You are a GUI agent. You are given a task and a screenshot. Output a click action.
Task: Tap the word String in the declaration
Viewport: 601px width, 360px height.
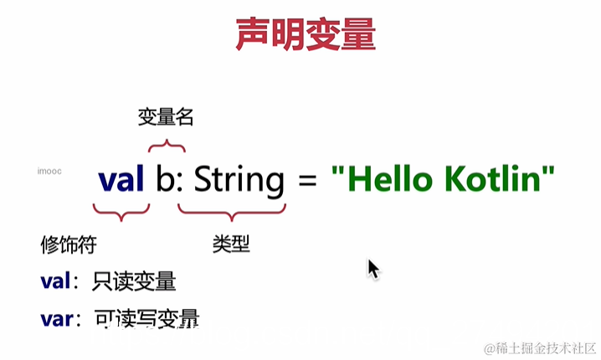tap(239, 181)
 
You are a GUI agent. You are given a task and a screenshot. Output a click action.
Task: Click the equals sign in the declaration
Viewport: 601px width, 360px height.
tap(307, 181)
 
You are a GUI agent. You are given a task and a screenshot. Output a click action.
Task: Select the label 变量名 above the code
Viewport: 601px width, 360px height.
tap(166, 118)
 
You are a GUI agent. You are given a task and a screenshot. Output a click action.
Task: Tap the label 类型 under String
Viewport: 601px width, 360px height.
tap(231, 244)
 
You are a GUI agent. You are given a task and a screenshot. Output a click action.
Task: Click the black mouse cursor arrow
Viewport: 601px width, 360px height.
tap(373, 270)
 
